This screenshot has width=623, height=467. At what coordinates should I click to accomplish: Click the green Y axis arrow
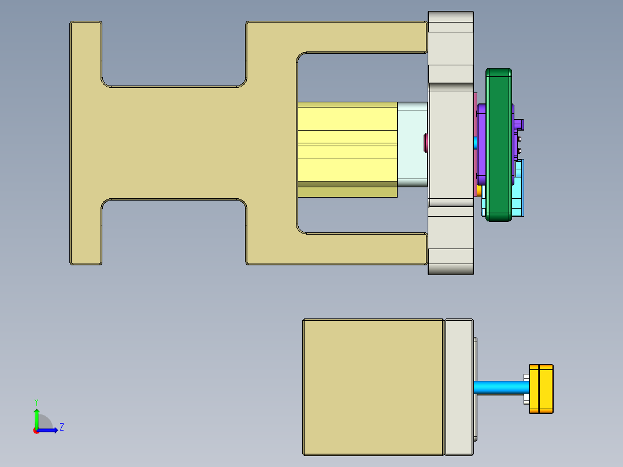click(36, 417)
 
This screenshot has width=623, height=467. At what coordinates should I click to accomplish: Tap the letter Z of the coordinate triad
click(61, 427)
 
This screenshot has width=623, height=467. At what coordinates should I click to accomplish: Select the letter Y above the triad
click(36, 401)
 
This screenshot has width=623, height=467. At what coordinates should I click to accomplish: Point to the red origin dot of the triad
click(36, 431)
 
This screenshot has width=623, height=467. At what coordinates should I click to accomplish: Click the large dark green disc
click(498, 144)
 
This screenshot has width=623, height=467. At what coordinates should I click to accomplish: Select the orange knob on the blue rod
click(542, 389)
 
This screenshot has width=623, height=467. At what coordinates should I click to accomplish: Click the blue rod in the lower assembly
click(498, 387)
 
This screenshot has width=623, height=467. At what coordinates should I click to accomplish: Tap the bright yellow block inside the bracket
click(347, 144)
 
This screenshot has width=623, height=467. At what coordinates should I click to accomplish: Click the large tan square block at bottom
click(373, 387)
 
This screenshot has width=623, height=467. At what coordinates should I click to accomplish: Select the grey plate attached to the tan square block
click(459, 387)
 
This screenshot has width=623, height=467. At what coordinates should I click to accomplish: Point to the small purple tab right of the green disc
click(520, 124)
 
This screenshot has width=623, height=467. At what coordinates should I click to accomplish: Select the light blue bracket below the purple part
click(518, 191)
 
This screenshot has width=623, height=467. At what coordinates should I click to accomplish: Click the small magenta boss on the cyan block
click(426, 141)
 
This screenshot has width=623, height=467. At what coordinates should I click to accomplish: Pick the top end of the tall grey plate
click(451, 23)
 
